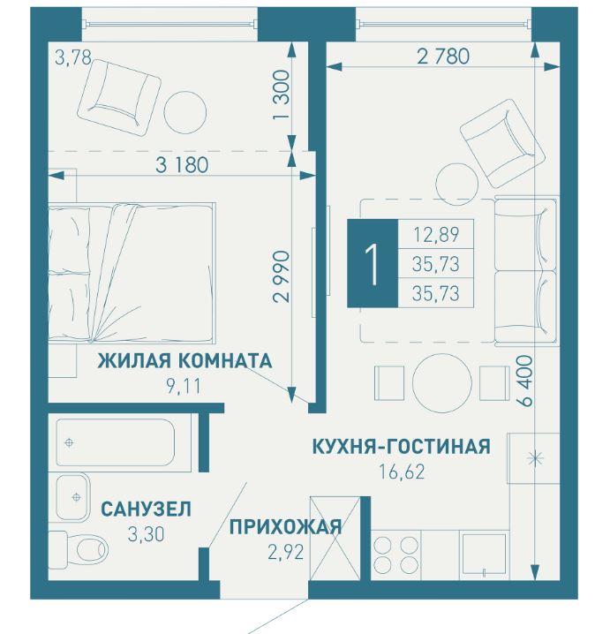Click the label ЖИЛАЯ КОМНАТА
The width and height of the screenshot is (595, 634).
click(185, 360)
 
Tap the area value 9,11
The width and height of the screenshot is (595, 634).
click(184, 387)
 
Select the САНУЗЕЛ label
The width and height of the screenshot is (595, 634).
click(146, 509)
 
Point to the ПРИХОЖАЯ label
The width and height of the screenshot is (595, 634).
click(286, 527)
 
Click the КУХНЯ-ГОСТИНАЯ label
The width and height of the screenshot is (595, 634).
click(402, 447)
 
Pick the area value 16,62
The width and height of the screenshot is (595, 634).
click(402, 472)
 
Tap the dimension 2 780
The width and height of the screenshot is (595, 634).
click(443, 57)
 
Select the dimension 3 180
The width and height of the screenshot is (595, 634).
click(183, 164)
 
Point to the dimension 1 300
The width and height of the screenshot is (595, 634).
click(282, 95)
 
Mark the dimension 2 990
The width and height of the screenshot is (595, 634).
click(282, 276)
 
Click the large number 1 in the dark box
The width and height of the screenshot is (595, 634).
click(373, 264)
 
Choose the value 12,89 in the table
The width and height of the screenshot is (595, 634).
click(436, 235)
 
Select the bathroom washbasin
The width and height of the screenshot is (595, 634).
click(72, 497)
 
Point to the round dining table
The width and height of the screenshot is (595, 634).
click(441, 383)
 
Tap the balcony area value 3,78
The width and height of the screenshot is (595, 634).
click(73, 57)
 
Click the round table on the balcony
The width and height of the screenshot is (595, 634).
click(185, 112)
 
